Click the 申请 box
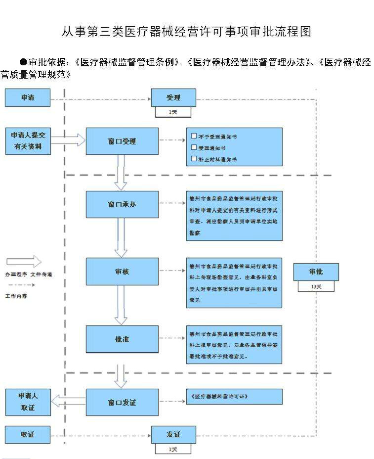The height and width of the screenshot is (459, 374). (28, 98)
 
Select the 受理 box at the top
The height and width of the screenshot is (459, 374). (173, 98)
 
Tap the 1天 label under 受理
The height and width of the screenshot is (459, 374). (173, 112)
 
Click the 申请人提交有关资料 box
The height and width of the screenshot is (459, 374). (28, 141)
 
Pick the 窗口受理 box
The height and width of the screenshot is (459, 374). (122, 141)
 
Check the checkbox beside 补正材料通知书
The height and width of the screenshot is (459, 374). (194, 159)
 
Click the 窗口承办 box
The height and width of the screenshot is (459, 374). (122, 204)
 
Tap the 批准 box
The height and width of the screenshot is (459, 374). (122, 339)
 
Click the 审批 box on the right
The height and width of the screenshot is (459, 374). (316, 272)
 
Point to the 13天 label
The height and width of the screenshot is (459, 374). (316, 286)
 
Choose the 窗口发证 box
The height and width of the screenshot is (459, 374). (122, 402)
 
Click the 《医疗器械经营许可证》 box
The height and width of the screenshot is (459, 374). (234, 397)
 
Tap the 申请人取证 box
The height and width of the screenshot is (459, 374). (28, 402)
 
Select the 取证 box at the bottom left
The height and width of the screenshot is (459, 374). (28, 435)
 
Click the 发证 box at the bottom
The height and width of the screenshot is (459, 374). (173, 435)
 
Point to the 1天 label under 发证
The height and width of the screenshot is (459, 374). (173, 449)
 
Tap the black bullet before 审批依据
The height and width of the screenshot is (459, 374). (23, 62)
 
